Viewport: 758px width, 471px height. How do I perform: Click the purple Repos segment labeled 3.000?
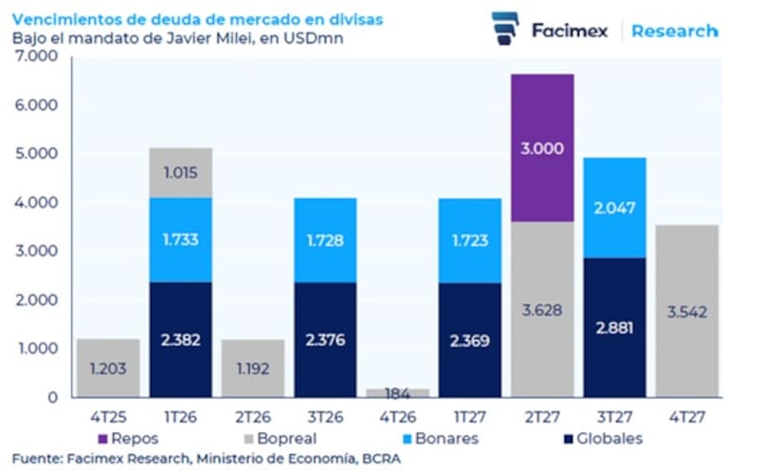click(542, 148)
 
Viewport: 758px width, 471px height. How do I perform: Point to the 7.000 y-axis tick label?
click(36, 57)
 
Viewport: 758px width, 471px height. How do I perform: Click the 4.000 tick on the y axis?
click(36, 203)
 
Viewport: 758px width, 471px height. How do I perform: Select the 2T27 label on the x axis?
click(541, 417)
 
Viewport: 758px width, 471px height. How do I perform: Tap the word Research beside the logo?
click(675, 30)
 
